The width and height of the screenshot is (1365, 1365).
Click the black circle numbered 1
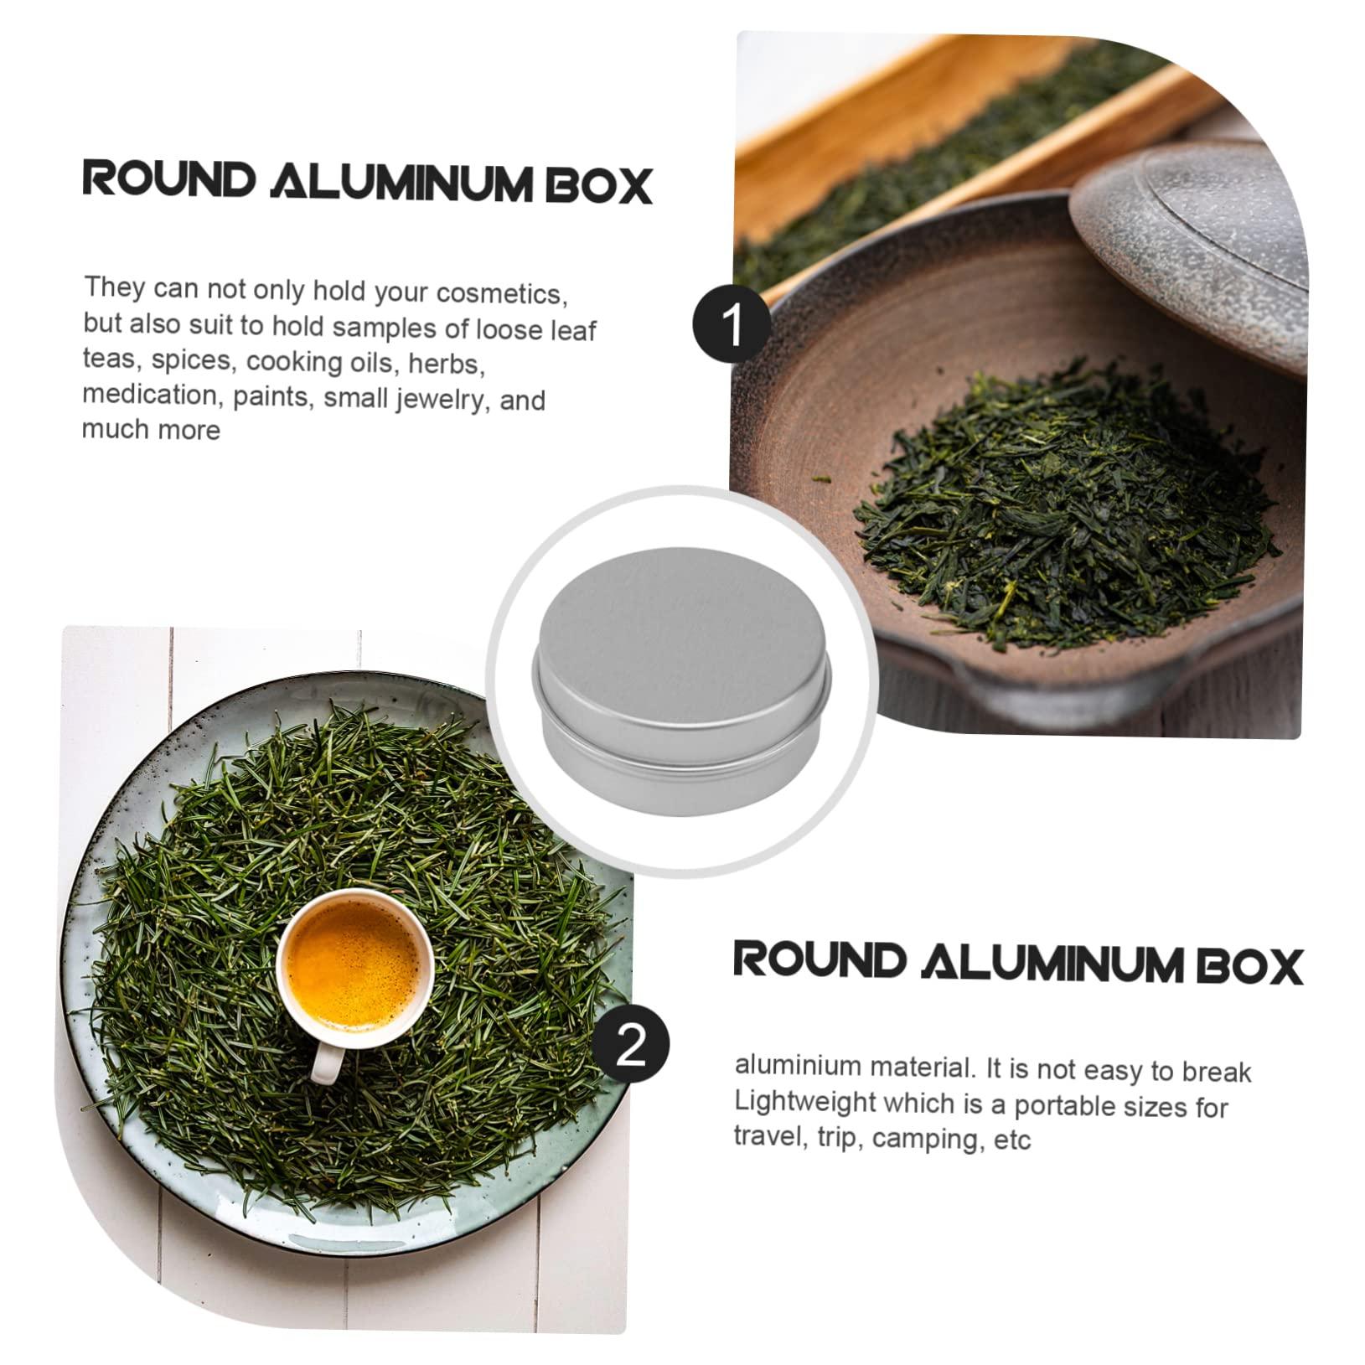[732, 326]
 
